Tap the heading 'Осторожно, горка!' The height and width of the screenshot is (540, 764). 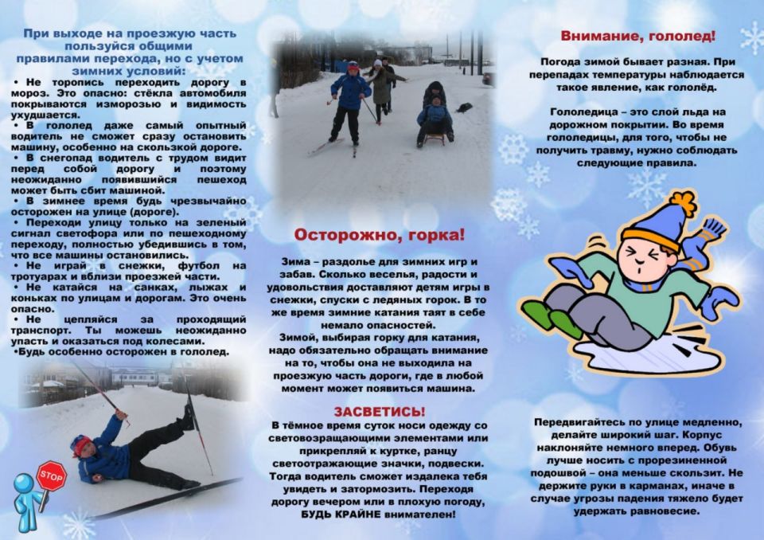click(x=380, y=236)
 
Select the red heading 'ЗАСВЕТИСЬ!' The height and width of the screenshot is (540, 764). click(x=380, y=411)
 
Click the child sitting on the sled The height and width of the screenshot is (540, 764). click(x=435, y=115)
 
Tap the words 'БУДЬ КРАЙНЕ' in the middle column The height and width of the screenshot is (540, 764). click(x=337, y=515)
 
